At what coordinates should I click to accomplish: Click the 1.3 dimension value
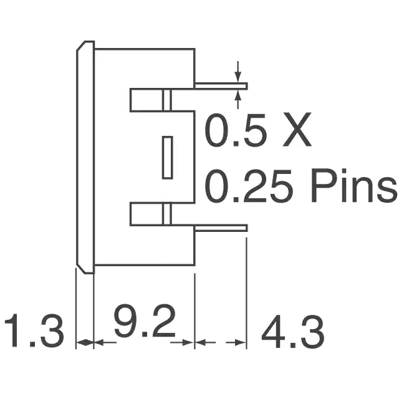click(x=34, y=332)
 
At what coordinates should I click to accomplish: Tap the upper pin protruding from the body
click(x=221, y=85)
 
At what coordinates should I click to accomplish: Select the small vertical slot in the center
click(x=167, y=158)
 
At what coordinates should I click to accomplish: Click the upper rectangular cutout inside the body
click(x=150, y=100)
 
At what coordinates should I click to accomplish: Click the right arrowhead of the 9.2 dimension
click(x=190, y=342)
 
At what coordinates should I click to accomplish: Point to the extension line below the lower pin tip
click(x=248, y=287)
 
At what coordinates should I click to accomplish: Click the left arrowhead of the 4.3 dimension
click(x=201, y=342)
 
